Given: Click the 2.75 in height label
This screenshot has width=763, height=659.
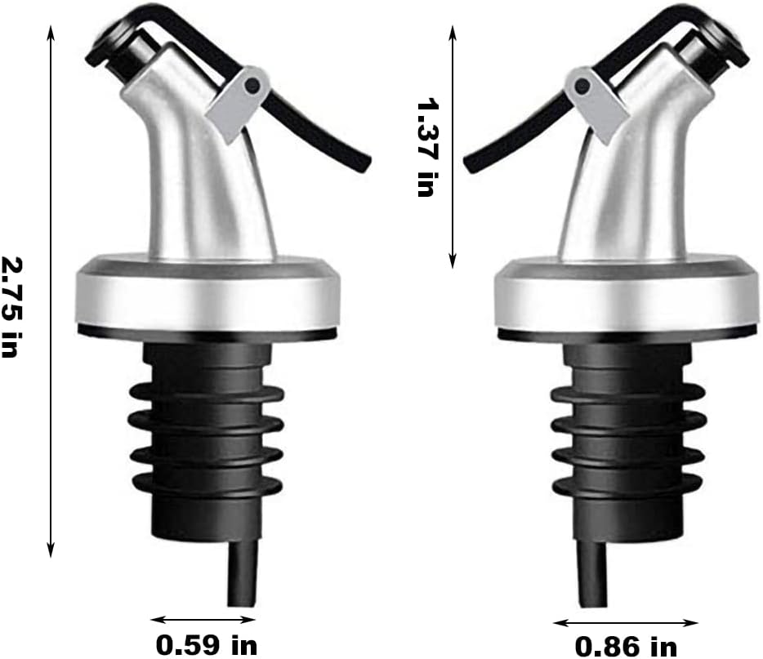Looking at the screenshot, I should pos(11,306).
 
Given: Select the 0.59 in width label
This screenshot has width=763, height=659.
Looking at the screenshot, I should pos(207,645).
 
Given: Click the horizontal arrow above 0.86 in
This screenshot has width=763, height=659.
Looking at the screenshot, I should pos(626,622).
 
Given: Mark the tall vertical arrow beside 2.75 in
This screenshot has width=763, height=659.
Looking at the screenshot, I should pos(51,290).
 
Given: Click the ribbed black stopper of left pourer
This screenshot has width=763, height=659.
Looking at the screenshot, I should pos(207,441).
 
